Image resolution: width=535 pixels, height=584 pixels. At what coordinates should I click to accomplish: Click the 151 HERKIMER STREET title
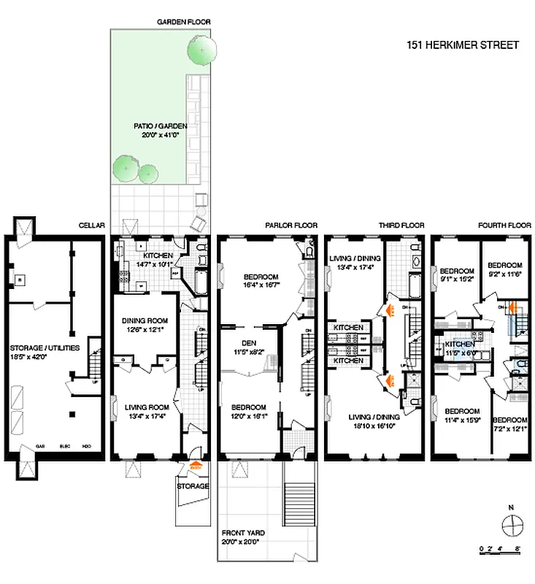pyautogui.click(x=463, y=45)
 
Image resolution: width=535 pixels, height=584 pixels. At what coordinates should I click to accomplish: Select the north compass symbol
pyautogui.click(x=513, y=524)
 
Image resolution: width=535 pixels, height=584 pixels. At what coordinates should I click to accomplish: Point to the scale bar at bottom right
pyautogui.click(x=499, y=545)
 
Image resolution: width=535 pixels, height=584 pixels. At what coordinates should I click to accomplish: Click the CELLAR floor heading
pyautogui.click(x=92, y=226)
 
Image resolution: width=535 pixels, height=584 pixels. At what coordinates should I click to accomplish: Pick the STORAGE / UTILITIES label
pyautogui.click(x=45, y=348)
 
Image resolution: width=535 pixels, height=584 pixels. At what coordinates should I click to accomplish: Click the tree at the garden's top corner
pyautogui.click(x=201, y=50)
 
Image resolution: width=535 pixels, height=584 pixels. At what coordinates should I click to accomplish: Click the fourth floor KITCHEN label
pyautogui.click(x=461, y=343)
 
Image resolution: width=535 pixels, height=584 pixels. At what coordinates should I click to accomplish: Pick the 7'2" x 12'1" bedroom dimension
pyautogui.click(x=509, y=429)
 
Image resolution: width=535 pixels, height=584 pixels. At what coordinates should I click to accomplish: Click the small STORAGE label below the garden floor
pyautogui.click(x=193, y=485)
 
